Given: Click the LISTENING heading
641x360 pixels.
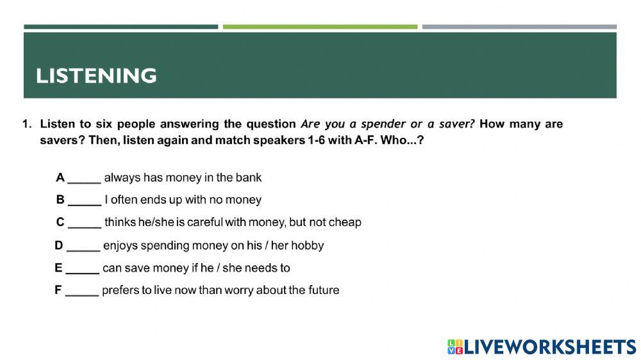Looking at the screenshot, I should coord(96,76).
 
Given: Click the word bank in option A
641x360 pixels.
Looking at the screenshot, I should coord(249,177).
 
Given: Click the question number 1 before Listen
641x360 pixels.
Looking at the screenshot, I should coord(26,124).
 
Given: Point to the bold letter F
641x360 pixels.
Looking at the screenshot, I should coord(58,290).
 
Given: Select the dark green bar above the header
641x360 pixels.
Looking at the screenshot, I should coord(121,27).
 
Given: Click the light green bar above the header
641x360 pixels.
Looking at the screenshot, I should coord(320,27).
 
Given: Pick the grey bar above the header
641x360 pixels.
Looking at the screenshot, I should coord(519,27).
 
